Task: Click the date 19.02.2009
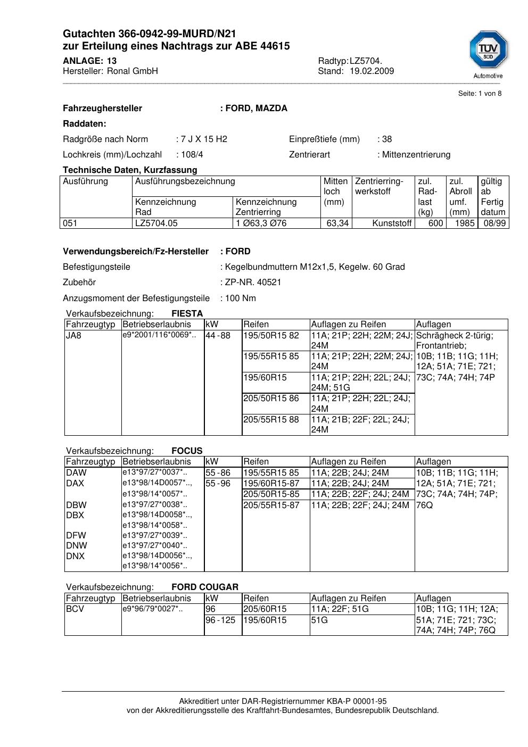pyautogui.click(x=372, y=71)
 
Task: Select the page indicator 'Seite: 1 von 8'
pyautogui.click(x=480, y=94)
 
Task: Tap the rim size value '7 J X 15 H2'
pyautogui.click(x=204, y=139)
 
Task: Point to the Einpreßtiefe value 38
pyautogui.click(x=387, y=139)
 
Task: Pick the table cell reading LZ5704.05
pyautogui.click(x=156, y=223)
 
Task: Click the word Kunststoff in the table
pyautogui.click(x=392, y=223)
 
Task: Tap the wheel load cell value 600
pyautogui.click(x=435, y=223)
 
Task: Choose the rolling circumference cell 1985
pyautogui.click(x=464, y=223)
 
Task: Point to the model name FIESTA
pyautogui.click(x=187, y=314)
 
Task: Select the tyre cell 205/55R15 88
pyautogui.click(x=271, y=420)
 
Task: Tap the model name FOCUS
pyautogui.click(x=187, y=451)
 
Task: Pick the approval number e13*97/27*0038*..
pyautogui.click(x=154, y=504)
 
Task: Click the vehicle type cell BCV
pyautogui.click(x=75, y=609)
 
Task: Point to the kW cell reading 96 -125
pyautogui.click(x=220, y=620)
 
